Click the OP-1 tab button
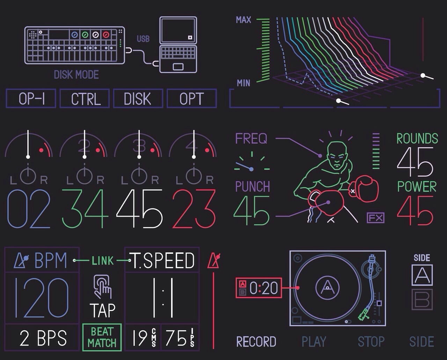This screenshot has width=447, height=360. (31, 98)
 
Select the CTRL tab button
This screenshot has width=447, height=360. (85, 98)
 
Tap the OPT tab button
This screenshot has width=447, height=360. (192, 98)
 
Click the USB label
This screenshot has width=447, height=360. (143, 39)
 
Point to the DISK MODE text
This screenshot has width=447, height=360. (76, 74)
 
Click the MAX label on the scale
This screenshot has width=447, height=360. (243, 20)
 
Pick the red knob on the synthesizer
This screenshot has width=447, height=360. (106, 35)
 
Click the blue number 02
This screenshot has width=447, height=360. (29, 208)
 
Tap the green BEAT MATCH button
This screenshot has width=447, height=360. (102, 337)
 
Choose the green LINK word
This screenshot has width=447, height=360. (103, 261)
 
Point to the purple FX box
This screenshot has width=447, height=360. (375, 218)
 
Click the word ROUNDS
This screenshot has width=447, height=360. (417, 138)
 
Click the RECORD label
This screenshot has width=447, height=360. (256, 341)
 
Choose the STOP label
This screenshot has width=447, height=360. (371, 341)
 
